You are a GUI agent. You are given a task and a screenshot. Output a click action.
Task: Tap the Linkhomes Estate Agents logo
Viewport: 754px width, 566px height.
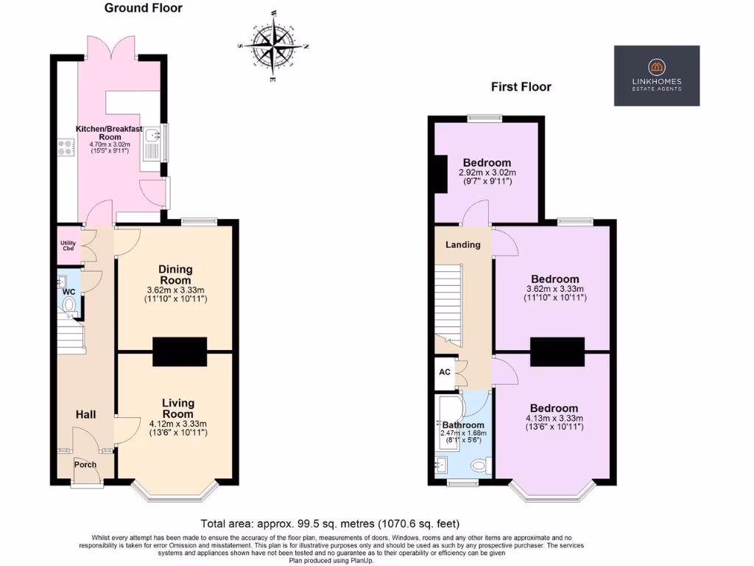point(657,76)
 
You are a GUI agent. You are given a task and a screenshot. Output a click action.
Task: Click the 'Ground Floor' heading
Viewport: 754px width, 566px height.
point(143,8)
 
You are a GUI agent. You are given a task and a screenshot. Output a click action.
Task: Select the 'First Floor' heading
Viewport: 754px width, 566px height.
point(521,87)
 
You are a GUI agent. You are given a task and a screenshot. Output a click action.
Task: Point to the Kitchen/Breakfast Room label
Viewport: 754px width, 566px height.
point(109,133)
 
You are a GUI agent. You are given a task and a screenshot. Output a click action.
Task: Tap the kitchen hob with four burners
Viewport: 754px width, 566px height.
point(61,147)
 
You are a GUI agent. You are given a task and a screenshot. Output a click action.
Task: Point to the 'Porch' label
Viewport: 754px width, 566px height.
point(85,464)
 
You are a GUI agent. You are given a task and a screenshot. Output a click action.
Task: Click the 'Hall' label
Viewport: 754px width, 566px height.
point(85,415)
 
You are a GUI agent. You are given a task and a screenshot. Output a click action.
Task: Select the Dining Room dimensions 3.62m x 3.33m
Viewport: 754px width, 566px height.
point(176,290)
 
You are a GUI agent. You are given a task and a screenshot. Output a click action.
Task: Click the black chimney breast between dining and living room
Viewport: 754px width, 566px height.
point(180,352)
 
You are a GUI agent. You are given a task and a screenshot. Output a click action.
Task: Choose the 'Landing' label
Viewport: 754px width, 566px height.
point(463,245)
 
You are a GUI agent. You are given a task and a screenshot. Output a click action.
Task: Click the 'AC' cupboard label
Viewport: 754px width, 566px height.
point(445,372)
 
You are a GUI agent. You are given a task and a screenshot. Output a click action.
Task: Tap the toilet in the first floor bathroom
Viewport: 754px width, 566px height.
point(479,464)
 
